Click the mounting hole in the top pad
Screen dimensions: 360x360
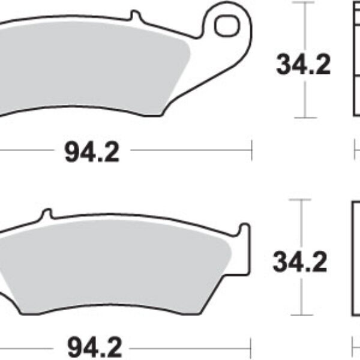click(226, 26)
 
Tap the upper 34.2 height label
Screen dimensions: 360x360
click(303, 65)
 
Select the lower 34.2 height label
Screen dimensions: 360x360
click(300, 262)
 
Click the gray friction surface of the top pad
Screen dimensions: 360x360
click(90, 66)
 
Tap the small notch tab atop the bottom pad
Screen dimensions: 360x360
click(47, 214)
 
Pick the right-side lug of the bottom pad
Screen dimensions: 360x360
click(244, 231)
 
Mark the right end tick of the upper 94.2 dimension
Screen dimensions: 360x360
click(252, 151)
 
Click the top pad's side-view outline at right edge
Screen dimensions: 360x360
click(355, 60)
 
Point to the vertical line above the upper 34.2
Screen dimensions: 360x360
click(306, 27)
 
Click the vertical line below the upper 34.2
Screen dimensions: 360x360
click(306, 99)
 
